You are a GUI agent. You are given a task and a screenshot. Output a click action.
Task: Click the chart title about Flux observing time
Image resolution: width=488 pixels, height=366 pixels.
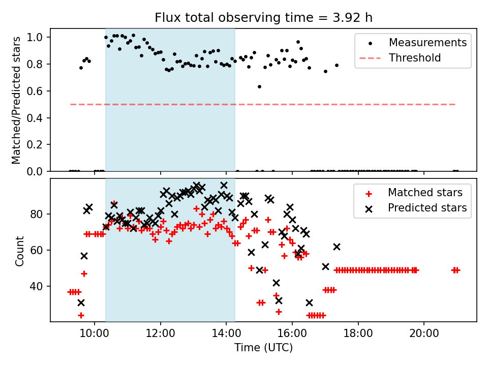tap(263, 18)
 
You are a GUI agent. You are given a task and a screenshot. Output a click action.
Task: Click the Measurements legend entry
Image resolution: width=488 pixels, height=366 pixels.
tap(428, 43)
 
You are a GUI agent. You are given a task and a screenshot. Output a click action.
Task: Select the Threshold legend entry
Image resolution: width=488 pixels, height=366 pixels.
tap(415, 58)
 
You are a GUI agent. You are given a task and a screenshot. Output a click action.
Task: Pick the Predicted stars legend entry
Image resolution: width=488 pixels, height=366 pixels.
tap(427, 207)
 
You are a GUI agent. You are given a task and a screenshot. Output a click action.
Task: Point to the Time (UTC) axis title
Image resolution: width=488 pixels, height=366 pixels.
tap(263, 348)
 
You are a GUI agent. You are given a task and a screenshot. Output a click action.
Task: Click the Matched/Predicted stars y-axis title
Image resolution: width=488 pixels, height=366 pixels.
tap(16, 100)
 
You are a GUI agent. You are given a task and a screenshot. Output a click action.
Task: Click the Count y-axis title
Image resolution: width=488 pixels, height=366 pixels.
tap(20, 250)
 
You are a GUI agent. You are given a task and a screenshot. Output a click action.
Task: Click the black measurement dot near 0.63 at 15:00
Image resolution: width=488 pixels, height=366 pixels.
tap(259, 86)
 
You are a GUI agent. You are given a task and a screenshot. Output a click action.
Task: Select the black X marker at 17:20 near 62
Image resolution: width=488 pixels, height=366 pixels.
tap(337, 247)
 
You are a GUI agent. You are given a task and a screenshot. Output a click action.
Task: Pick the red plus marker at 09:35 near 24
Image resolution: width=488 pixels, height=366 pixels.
tap(81, 315)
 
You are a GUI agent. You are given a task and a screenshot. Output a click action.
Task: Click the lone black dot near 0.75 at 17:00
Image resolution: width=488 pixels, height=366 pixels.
tap(325, 71)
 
